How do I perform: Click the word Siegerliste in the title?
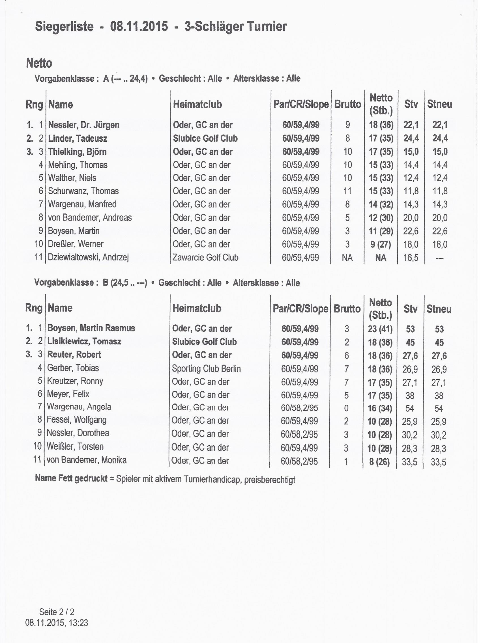64,27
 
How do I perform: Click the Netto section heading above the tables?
39,63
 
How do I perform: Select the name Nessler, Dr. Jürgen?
83,125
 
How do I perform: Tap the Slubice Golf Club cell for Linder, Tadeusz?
205,138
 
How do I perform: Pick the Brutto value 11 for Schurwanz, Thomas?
347,191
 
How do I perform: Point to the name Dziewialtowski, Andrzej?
88,257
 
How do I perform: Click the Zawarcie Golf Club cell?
205,257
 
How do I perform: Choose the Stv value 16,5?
411,258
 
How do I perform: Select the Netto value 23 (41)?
380,329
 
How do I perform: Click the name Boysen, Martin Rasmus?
91,328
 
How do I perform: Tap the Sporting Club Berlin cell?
206,369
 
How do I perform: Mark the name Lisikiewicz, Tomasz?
84,341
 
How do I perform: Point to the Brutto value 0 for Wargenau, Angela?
346,408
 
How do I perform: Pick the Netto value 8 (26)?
379,462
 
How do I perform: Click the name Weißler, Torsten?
75,446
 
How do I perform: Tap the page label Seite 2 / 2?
57,612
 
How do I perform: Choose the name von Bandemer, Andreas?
90,217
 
